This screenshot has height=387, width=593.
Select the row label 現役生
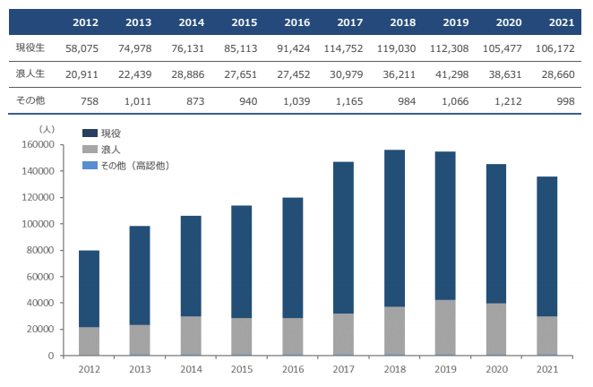(x=30, y=47)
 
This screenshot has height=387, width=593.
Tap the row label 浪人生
(x=30, y=73)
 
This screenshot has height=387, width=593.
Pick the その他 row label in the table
(x=30, y=100)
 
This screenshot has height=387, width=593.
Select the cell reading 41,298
(x=450, y=73)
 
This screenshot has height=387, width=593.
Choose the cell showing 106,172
(x=554, y=47)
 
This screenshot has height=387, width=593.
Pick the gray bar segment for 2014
(x=191, y=335)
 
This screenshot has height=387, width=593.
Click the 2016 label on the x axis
(x=292, y=368)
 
